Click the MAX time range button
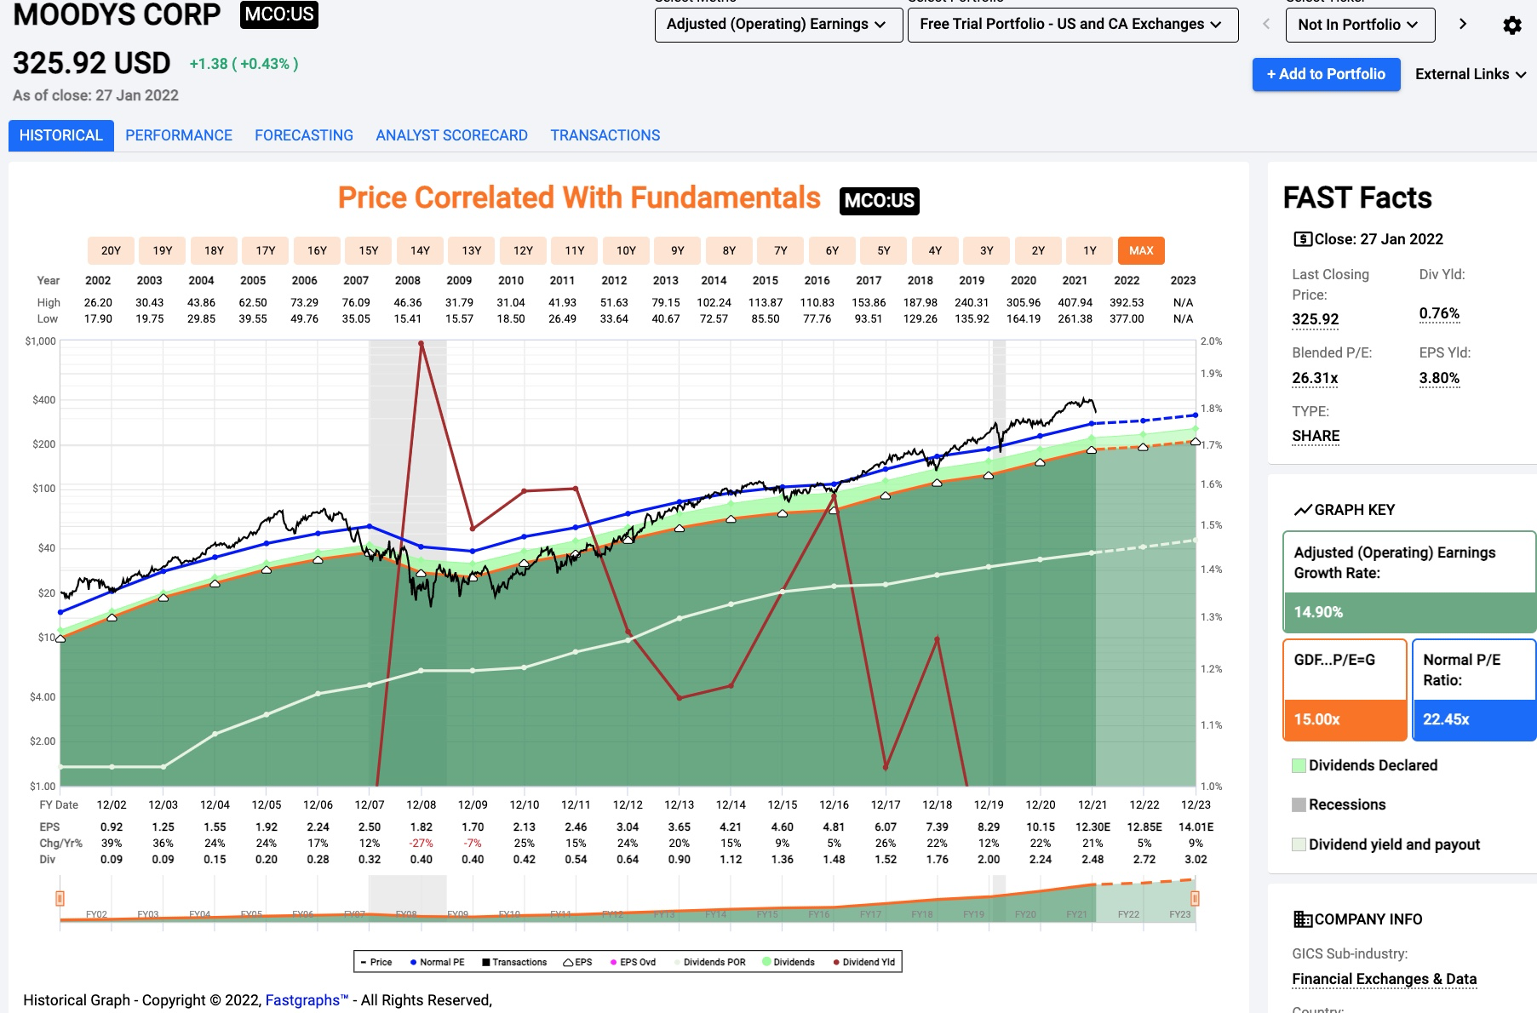(1141, 250)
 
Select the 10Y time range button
(626, 250)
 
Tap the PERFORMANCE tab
(179, 135)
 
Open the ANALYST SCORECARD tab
(451, 135)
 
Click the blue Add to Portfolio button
(1326, 74)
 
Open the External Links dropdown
(1470, 74)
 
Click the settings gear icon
(1512, 26)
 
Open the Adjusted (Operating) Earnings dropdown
(777, 25)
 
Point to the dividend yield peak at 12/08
(422, 344)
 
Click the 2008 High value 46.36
(408, 302)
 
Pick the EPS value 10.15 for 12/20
(1041, 827)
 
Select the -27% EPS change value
(422, 843)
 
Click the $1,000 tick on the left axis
(41, 341)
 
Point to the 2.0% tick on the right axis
(1211, 341)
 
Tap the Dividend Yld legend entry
(864, 962)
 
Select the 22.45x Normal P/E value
(1446, 719)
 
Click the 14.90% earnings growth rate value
(1318, 612)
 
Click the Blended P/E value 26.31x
(1315, 378)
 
